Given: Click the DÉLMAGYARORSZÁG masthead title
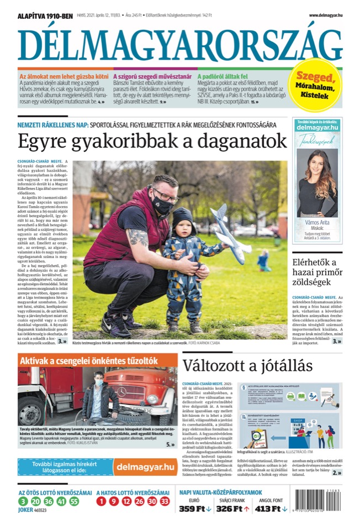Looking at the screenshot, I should [x=179, y=44].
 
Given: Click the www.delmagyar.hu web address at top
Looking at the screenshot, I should [x=325, y=15].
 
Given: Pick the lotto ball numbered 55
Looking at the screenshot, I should [x=74, y=502].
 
